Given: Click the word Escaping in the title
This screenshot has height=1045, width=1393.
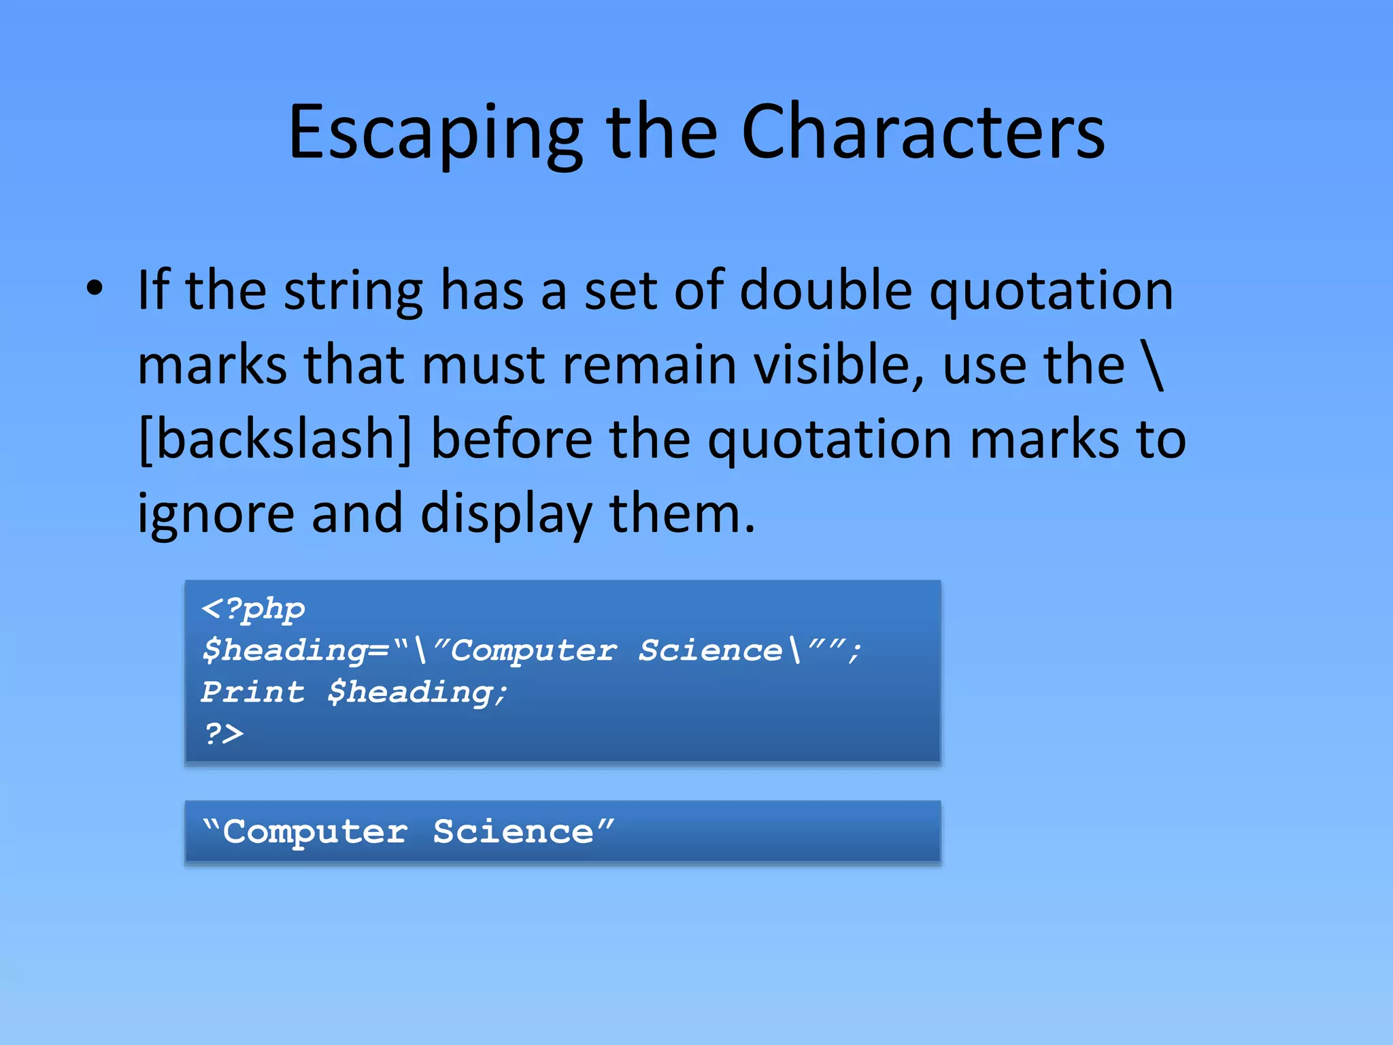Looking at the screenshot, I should [x=435, y=133].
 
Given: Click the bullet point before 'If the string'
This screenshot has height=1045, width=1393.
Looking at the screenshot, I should [x=95, y=288].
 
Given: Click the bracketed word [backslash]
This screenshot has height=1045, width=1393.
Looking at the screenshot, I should [x=275, y=439].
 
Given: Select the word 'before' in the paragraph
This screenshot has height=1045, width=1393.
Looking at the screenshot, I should [x=511, y=439].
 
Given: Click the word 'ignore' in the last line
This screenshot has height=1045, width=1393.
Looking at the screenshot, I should [x=216, y=514].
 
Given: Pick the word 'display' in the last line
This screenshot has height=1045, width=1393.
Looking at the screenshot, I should [x=506, y=514].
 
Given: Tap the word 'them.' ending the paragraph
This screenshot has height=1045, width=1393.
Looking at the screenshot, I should [x=682, y=513].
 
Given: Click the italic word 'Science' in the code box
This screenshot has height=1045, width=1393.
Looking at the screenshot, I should [x=710, y=650].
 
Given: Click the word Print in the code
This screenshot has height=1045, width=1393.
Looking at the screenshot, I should [x=252, y=692].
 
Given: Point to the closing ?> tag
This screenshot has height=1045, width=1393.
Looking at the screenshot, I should [x=223, y=733].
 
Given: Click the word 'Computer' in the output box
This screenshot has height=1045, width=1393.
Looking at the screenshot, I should [x=315, y=831].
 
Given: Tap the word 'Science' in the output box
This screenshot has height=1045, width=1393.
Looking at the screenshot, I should [x=514, y=831].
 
